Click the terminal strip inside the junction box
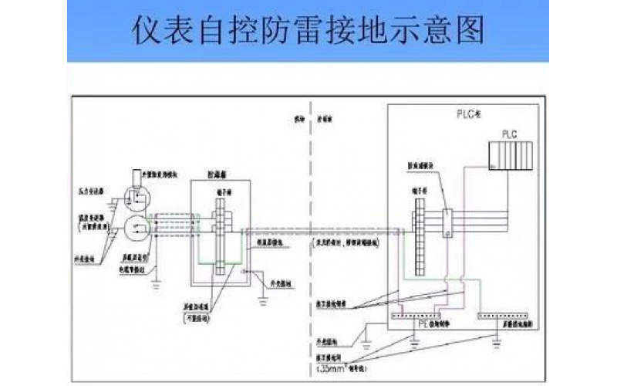pyautogui.click(x=220, y=235)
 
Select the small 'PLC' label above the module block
pyautogui.click(x=509, y=134)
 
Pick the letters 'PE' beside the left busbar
pyautogui.click(x=423, y=325)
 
